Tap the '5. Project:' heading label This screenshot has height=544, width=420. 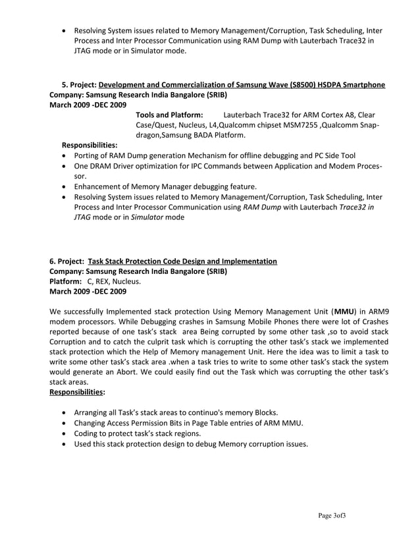(x=79, y=84)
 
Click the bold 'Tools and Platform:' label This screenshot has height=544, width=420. (x=169, y=115)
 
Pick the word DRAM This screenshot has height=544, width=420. (x=100, y=166)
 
